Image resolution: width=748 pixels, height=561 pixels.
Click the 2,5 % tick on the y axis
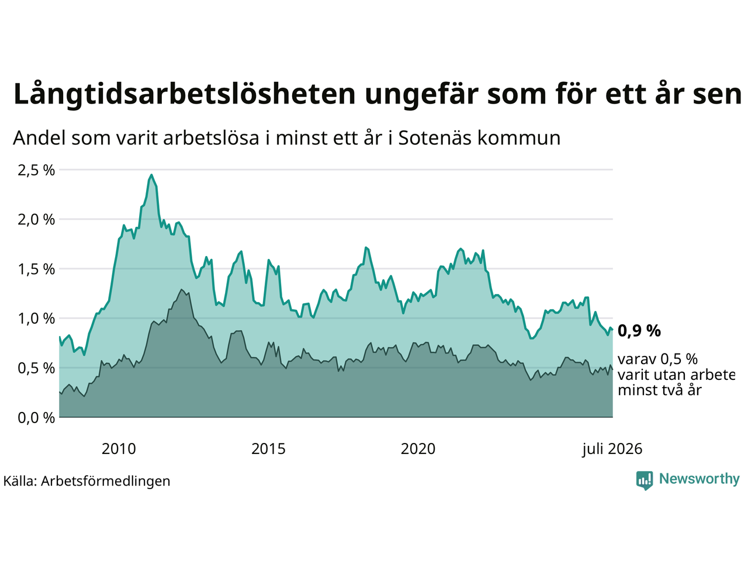click(x=36, y=170)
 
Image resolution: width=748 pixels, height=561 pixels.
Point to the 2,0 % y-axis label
click(x=36, y=220)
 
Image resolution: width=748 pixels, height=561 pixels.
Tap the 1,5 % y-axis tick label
click(x=36, y=269)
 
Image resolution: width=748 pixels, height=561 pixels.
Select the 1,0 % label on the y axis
click(x=36, y=319)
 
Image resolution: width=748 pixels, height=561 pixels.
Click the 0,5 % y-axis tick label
click(x=36, y=369)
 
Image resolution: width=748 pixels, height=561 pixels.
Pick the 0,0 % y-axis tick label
click(x=36, y=418)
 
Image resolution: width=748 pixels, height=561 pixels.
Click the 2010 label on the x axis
click(x=119, y=449)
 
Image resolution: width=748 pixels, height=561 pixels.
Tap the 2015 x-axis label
click(x=268, y=449)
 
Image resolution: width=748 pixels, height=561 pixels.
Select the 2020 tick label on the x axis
click(x=418, y=449)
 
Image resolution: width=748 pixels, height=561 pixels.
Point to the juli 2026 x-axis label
click(x=612, y=449)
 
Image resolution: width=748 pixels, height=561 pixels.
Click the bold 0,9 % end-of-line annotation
click(x=639, y=331)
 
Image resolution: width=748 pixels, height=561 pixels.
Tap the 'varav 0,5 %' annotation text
click(x=657, y=359)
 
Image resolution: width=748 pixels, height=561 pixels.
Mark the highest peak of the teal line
click(x=151, y=175)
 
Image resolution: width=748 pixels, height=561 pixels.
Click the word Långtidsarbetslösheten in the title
click(x=184, y=94)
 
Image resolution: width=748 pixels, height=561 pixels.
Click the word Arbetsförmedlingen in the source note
click(x=106, y=482)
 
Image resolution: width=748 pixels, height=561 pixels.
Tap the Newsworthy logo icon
click(x=645, y=480)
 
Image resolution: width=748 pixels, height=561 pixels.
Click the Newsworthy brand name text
click(x=699, y=479)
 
